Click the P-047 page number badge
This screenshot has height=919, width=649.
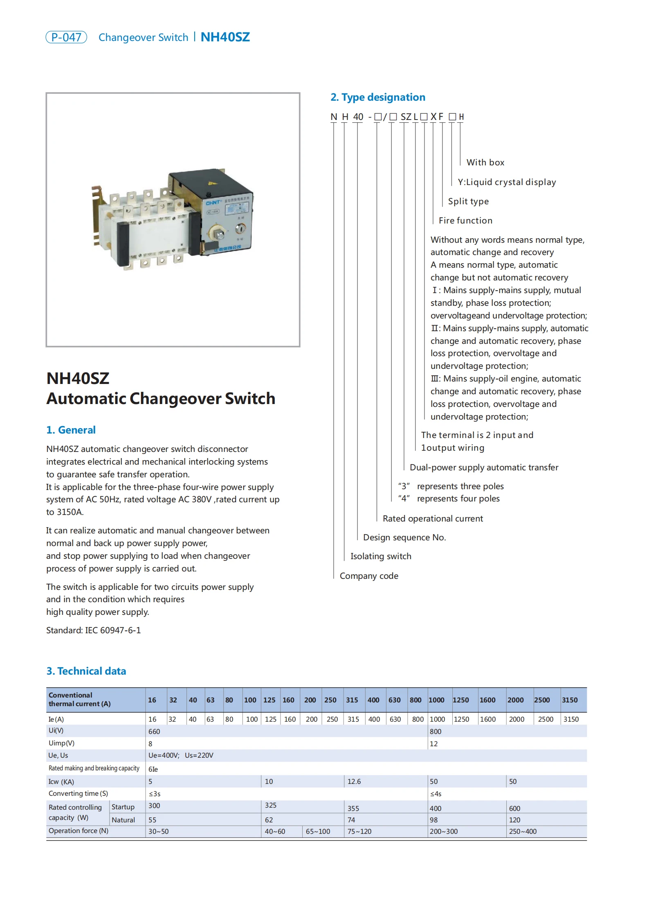tap(66, 37)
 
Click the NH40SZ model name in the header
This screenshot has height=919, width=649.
tap(225, 37)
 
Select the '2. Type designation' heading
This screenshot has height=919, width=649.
tap(377, 97)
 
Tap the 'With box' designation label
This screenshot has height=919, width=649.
tap(485, 163)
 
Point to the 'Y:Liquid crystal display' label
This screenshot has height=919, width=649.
tap(506, 182)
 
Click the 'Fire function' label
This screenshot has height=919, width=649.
tap(465, 221)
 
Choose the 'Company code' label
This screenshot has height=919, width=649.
tap(368, 576)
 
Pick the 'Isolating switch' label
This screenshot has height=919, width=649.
tap(380, 556)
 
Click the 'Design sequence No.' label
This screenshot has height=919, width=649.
tap(404, 537)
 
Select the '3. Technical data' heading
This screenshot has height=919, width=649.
tap(86, 671)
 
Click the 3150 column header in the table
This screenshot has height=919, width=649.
tap(569, 700)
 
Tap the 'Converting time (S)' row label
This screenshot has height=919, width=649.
tap(78, 793)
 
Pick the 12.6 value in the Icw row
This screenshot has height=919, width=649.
tap(354, 781)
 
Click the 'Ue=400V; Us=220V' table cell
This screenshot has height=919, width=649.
tap(181, 755)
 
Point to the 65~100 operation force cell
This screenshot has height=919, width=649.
tap(318, 831)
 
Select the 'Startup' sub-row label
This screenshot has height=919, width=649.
tap(123, 807)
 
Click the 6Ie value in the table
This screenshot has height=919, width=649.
tap(153, 769)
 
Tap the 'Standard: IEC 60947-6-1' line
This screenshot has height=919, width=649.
tap(93, 630)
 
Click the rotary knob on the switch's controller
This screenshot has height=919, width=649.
tap(217, 233)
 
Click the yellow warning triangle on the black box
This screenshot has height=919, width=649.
tap(211, 183)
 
